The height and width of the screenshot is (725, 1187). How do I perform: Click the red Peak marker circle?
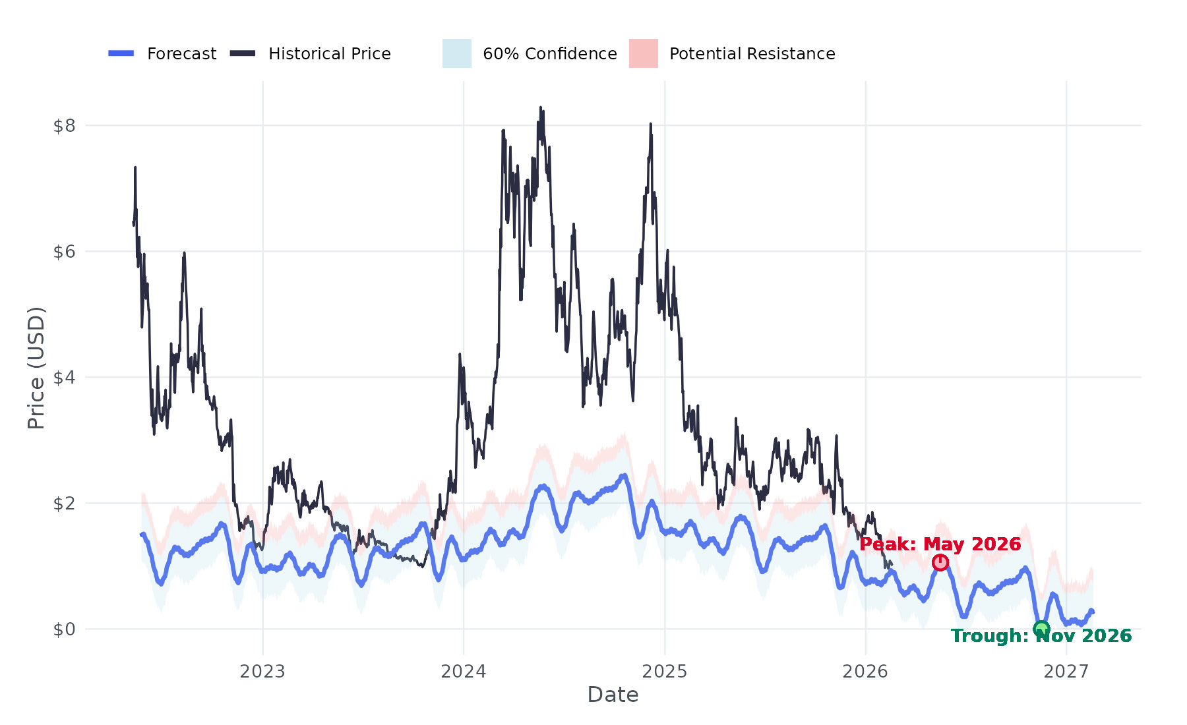[x=940, y=562]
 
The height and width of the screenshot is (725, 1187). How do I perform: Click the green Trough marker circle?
[x=1041, y=629]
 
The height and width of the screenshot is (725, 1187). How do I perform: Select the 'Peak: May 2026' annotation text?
[x=940, y=544]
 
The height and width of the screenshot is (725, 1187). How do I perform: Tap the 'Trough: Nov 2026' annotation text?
[x=1041, y=636]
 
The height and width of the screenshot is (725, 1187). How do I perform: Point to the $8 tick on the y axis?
[x=65, y=125]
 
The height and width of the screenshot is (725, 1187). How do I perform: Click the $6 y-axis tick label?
[x=65, y=251]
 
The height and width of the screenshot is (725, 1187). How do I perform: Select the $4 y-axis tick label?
[x=65, y=377]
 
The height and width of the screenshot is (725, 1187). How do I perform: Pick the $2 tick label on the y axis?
[x=65, y=503]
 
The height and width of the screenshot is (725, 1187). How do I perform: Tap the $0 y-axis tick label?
[x=65, y=629]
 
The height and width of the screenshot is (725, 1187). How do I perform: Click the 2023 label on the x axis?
[x=262, y=672]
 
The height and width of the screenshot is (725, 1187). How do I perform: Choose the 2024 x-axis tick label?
[x=464, y=672]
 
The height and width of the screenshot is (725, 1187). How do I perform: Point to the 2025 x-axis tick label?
[x=665, y=672]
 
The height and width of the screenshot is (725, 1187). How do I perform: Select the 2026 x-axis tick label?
[x=865, y=672]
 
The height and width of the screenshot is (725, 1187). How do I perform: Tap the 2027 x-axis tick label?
[x=1066, y=672]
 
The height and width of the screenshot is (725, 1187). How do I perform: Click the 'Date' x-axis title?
[x=613, y=695]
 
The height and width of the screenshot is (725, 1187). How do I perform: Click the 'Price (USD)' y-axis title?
[x=36, y=368]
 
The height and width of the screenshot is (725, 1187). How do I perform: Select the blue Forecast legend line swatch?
[x=121, y=53]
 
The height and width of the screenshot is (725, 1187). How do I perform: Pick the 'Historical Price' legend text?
[x=330, y=53]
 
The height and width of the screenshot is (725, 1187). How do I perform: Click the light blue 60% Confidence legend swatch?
[x=457, y=53]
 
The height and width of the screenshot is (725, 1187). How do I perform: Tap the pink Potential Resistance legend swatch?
[x=644, y=53]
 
